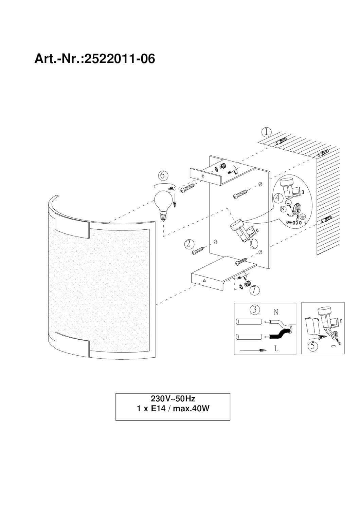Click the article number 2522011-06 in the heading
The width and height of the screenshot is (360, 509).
[120, 59]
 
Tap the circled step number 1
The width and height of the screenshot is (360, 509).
[267, 132]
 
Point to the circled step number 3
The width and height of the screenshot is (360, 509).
[254, 310]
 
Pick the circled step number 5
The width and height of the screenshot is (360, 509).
[312, 346]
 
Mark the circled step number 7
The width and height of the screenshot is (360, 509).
[254, 290]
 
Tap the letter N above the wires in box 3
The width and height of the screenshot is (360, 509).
[276, 313]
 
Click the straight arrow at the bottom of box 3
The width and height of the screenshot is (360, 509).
[253, 350]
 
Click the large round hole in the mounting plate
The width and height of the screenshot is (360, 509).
[254, 244]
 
